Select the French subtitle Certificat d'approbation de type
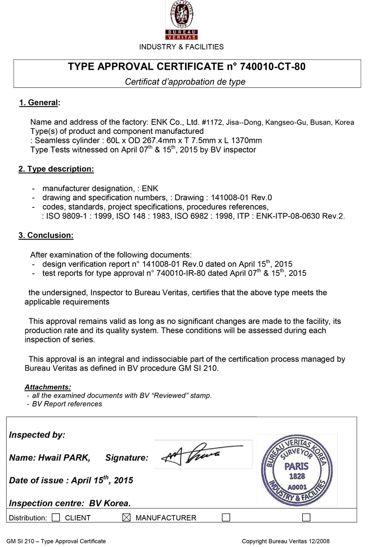point(185,81)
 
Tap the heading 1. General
point(39,103)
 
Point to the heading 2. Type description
point(56,169)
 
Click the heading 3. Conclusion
point(46,235)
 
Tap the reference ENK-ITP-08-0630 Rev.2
point(301,216)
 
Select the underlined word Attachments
point(48,387)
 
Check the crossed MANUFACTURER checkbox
point(125,518)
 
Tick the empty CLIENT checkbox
point(56,518)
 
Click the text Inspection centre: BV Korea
point(70,503)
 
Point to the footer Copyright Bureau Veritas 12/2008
point(285,541)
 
